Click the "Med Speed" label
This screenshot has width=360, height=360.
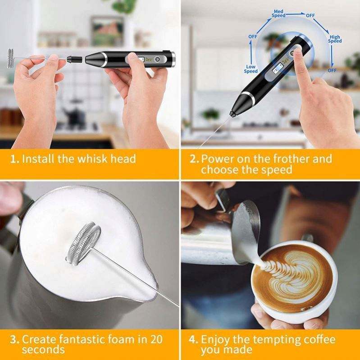pyautogui.click(x=278, y=14)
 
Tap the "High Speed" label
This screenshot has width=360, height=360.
pyautogui.click(x=335, y=39)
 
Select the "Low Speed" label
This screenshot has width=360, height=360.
pyautogui.click(x=251, y=69)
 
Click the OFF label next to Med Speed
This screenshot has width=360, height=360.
pyautogui.click(x=310, y=15)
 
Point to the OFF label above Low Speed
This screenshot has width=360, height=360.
pyautogui.click(x=253, y=36)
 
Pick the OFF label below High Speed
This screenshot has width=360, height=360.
pyautogui.click(x=332, y=70)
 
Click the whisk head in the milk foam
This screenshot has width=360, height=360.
pyautogui.click(x=83, y=243)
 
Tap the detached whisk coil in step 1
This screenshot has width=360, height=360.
pyautogui.click(x=10, y=58)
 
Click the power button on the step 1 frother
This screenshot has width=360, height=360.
pyautogui.click(x=157, y=59)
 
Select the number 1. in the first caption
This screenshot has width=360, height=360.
pyautogui.click(x=15, y=159)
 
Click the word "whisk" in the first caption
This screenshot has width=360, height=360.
pyautogui.click(x=93, y=159)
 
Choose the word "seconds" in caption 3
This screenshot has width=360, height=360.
pyautogui.click(x=43, y=350)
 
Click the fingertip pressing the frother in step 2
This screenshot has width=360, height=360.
pyautogui.click(x=298, y=50)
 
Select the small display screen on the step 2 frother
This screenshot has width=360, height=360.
pyautogui.click(x=278, y=68)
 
